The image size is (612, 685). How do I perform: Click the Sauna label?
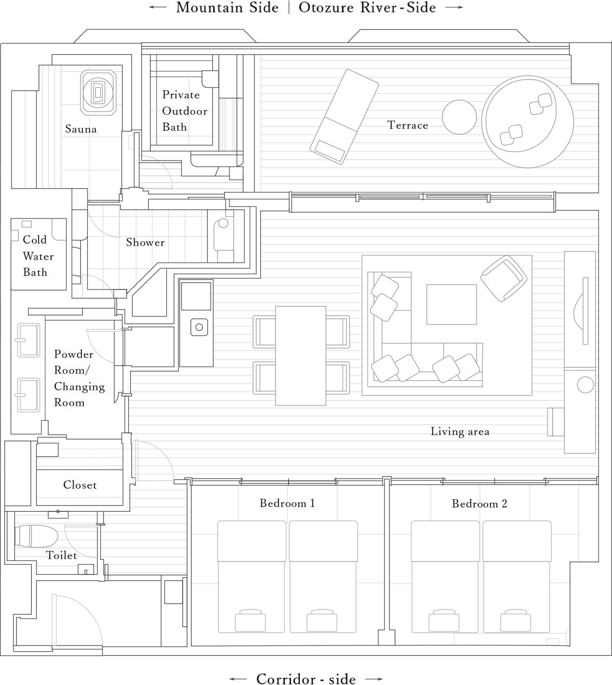[81, 129]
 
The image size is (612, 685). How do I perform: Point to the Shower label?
[146, 243]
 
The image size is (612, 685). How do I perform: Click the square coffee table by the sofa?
[451, 304]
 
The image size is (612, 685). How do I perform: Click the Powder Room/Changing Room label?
[79, 378]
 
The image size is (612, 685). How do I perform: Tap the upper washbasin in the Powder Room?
[28, 340]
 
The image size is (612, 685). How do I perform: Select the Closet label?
[80, 485]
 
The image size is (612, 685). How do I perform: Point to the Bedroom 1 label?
[287, 504]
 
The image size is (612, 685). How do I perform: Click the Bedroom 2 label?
[479, 504]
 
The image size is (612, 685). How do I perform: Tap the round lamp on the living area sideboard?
[585, 385]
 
